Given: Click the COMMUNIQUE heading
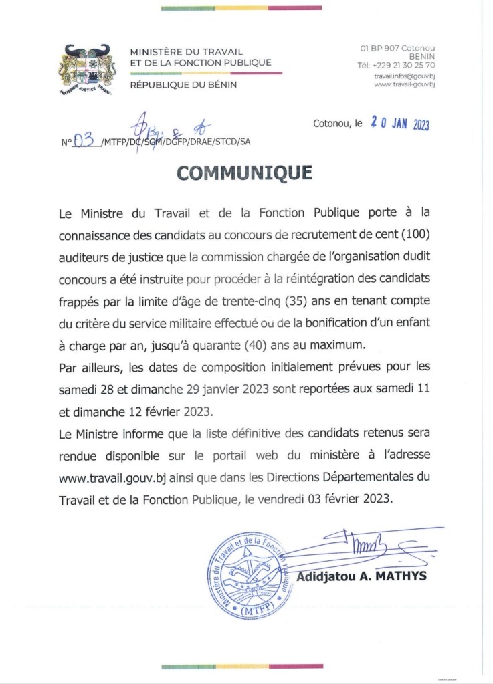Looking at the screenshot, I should [244, 173].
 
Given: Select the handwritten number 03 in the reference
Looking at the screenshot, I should [84, 140].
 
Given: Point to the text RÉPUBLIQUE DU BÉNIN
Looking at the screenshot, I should [183, 84].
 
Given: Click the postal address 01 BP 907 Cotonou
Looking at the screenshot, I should [397, 48].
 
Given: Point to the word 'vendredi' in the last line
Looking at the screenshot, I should [308, 499].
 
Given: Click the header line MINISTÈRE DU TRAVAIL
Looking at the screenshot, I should [186, 52].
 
